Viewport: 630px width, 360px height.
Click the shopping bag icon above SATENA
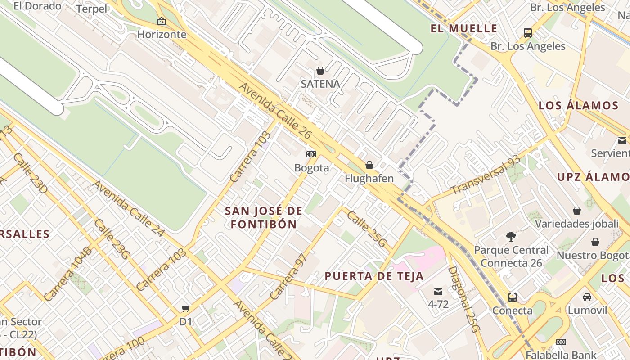pyautogui.click(x=320, y=71)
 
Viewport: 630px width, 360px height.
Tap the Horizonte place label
pyautogui.click(x=162, y=34)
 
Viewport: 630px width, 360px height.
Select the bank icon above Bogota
pyautogui.click(x=311, y=154)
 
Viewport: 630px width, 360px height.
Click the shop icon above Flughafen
pyautogui.click(x=369, y=165)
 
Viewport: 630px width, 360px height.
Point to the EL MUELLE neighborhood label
pyautogui.click(x=464, y=29)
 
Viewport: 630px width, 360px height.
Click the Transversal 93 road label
pyautogui.click(x=486, y=175)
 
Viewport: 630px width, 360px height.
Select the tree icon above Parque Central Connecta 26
pyautogui.click(x=511, y=236)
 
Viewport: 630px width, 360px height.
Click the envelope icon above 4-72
pyautogui.click(x=438, y=291)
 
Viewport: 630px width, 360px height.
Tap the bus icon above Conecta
pyautogui.click(x=512, y=297)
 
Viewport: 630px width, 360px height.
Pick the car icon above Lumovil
pyautogui.click(x=587, y=297)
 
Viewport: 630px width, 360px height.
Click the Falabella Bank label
pyautogui.click(x=561, y=355)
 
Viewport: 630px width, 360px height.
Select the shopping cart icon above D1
pyautogui.click(x=185, y=308)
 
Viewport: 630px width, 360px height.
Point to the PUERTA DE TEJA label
pyautogui.click(x=374, y=276)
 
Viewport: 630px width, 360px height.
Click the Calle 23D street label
pyautogui.click(x=30, y=173)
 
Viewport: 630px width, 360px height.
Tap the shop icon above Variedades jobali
pyautogui.click(x=576, y=211)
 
